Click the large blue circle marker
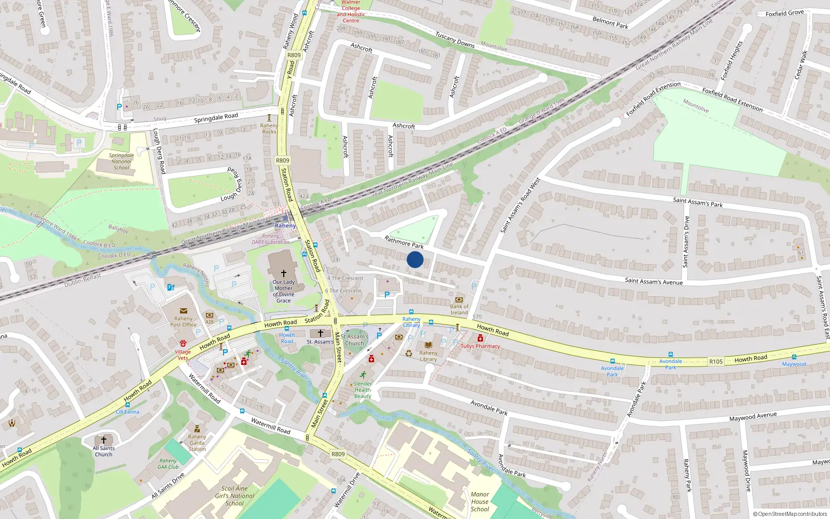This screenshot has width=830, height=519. click(x=415, y=259)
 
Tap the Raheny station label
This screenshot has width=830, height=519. click(x=285, y=226)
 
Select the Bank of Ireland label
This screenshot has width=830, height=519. click(x=459, y=309)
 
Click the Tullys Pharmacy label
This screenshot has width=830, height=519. click(x=480, y=346)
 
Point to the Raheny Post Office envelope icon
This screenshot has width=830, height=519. click(x=184, y=311)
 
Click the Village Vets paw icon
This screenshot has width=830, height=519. click(x=183, y=343)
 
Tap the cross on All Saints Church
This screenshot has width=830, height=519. click(x=104, y=440)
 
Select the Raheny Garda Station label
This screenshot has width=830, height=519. click(x=197, y=443)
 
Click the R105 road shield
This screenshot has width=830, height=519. click(x=716, y=362)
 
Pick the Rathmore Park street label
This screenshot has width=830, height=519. click(x=404, y=242)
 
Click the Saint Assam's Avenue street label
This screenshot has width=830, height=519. click(x=654, y=281)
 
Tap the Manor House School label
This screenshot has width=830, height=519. click(x=480, y=502)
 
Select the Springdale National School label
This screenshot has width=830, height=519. click(x=121, y=161)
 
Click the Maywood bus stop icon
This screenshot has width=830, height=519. click(x=794, y=357)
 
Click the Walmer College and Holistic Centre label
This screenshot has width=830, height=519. click(x=351, y=11)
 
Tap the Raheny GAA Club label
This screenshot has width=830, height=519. click(x=168, y=463)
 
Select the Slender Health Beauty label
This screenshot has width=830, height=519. click(x=363, y=390)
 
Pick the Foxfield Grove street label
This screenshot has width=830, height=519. click(x=784, y=13)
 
